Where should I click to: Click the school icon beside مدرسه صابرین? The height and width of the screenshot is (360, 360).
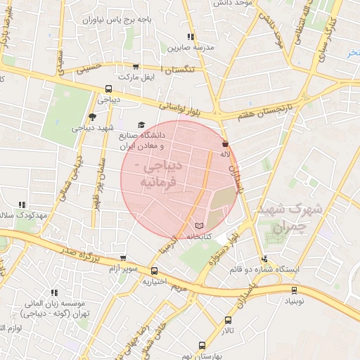pos(190,37)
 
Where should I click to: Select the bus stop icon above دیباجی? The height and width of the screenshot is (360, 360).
pos(108,89)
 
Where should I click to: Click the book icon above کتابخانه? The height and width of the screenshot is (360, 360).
pos(199,225)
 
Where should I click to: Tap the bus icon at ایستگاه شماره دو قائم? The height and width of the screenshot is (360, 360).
pos(264,258)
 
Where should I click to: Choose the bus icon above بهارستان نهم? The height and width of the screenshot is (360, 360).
pos(202,345)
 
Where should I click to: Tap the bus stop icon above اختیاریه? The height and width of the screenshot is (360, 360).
pos(154,270)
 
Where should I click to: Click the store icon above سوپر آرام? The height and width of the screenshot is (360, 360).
pos(123,257)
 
